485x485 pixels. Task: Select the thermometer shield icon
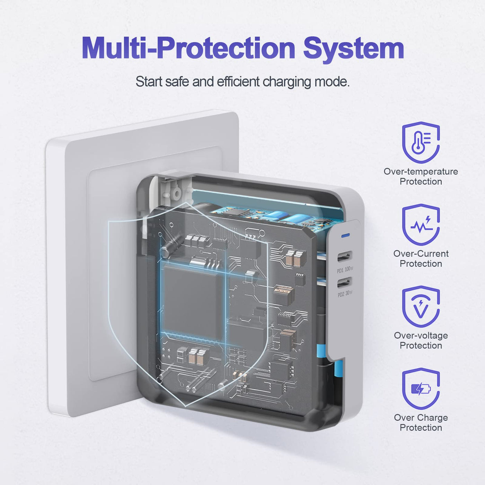421,142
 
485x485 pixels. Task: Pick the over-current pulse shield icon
421,224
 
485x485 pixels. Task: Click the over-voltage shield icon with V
421,306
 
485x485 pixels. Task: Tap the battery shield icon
421,388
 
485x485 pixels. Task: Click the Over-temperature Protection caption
421,177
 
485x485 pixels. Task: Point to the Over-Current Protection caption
421,258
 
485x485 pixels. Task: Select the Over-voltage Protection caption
421,341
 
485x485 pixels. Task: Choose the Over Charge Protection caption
421,423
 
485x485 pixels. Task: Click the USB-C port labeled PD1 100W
345,257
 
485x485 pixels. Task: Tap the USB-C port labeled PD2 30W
345,282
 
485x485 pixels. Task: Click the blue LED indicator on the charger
345,236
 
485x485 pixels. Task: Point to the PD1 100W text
345,270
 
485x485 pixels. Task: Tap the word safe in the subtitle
177,81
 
